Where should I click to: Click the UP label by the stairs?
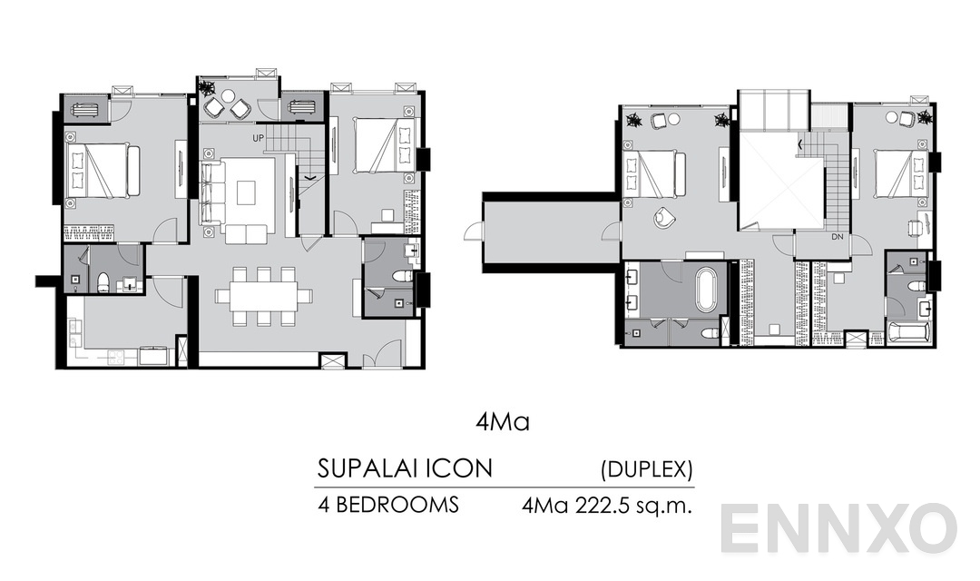259,137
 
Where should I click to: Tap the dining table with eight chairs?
263,296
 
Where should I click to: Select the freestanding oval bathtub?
706,289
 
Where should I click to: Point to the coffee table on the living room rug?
247,192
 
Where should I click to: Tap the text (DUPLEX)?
647,469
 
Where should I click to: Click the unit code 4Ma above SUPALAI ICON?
501,423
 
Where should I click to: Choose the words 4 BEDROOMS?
388,506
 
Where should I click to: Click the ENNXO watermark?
839,528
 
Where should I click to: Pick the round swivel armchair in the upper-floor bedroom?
663,216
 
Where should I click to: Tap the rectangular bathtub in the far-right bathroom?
907,331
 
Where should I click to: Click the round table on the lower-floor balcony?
228,95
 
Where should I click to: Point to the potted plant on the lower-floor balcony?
208,89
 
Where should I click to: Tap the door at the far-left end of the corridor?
473,232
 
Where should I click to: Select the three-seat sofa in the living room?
211,192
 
